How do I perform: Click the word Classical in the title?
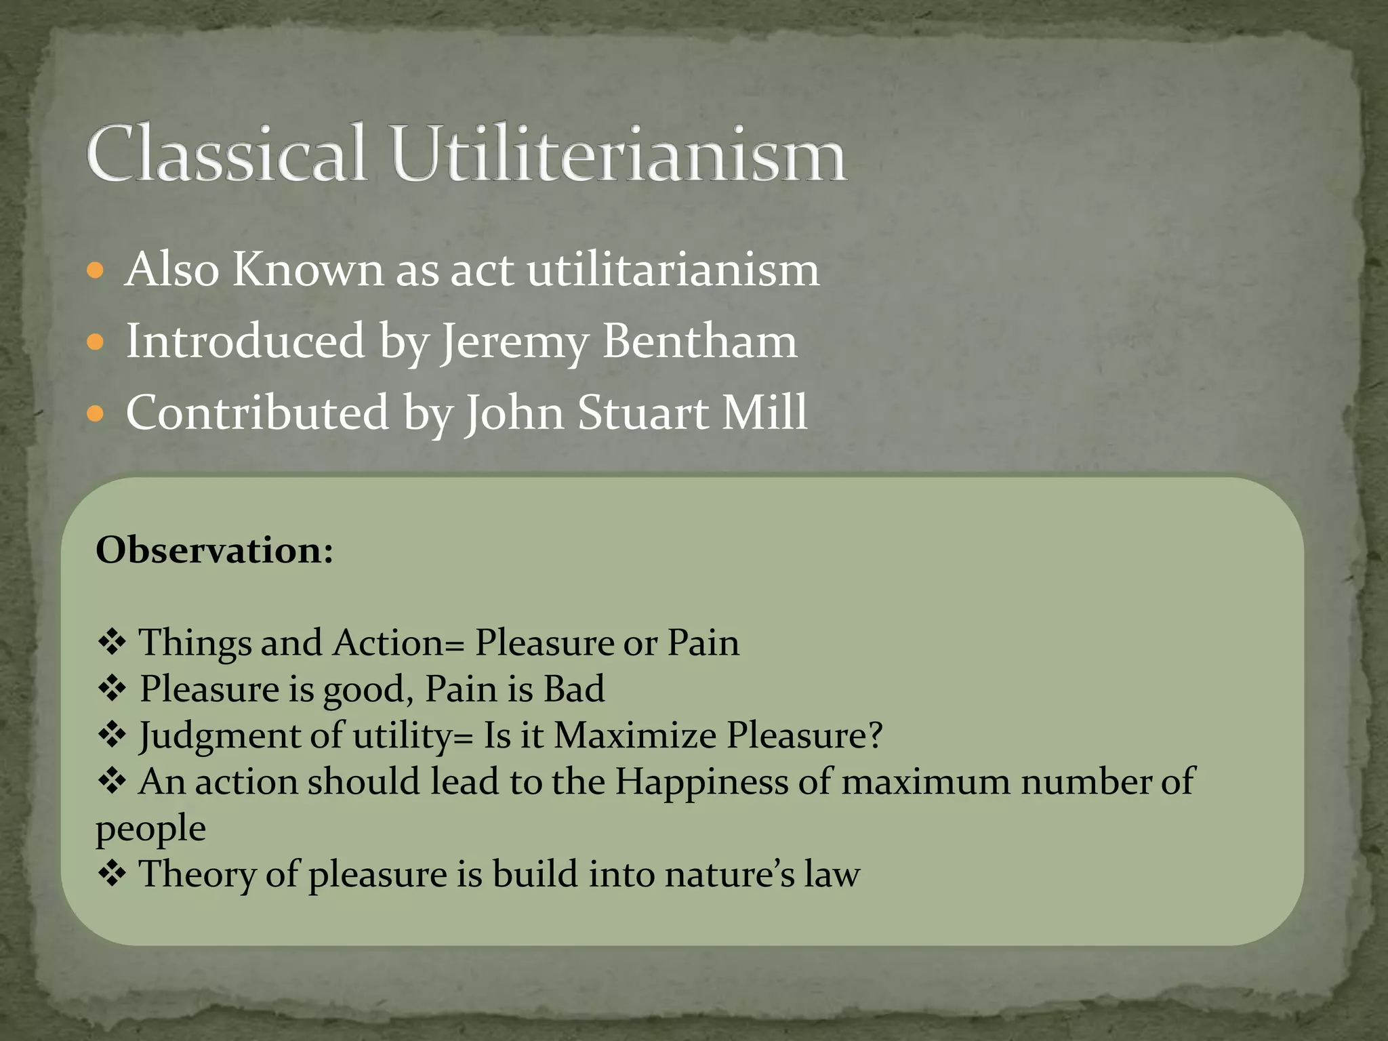(x=226, y=154)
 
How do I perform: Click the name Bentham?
(x=699, y=341)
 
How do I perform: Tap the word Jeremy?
(x=515, y=343)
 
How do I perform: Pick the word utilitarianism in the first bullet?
(x=673, y=270)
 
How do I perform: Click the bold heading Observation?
(x=215, y=550)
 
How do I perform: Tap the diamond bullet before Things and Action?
(x=112, y=642)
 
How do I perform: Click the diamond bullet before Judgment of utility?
(x=112, y=735)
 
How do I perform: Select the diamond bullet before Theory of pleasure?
(x=112, y=874)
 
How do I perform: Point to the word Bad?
(x=574, y=689)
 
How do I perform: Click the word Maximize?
(x=634, y=735)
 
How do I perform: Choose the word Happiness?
(x=701, y=782)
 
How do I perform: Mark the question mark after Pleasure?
(x=875, y=735)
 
